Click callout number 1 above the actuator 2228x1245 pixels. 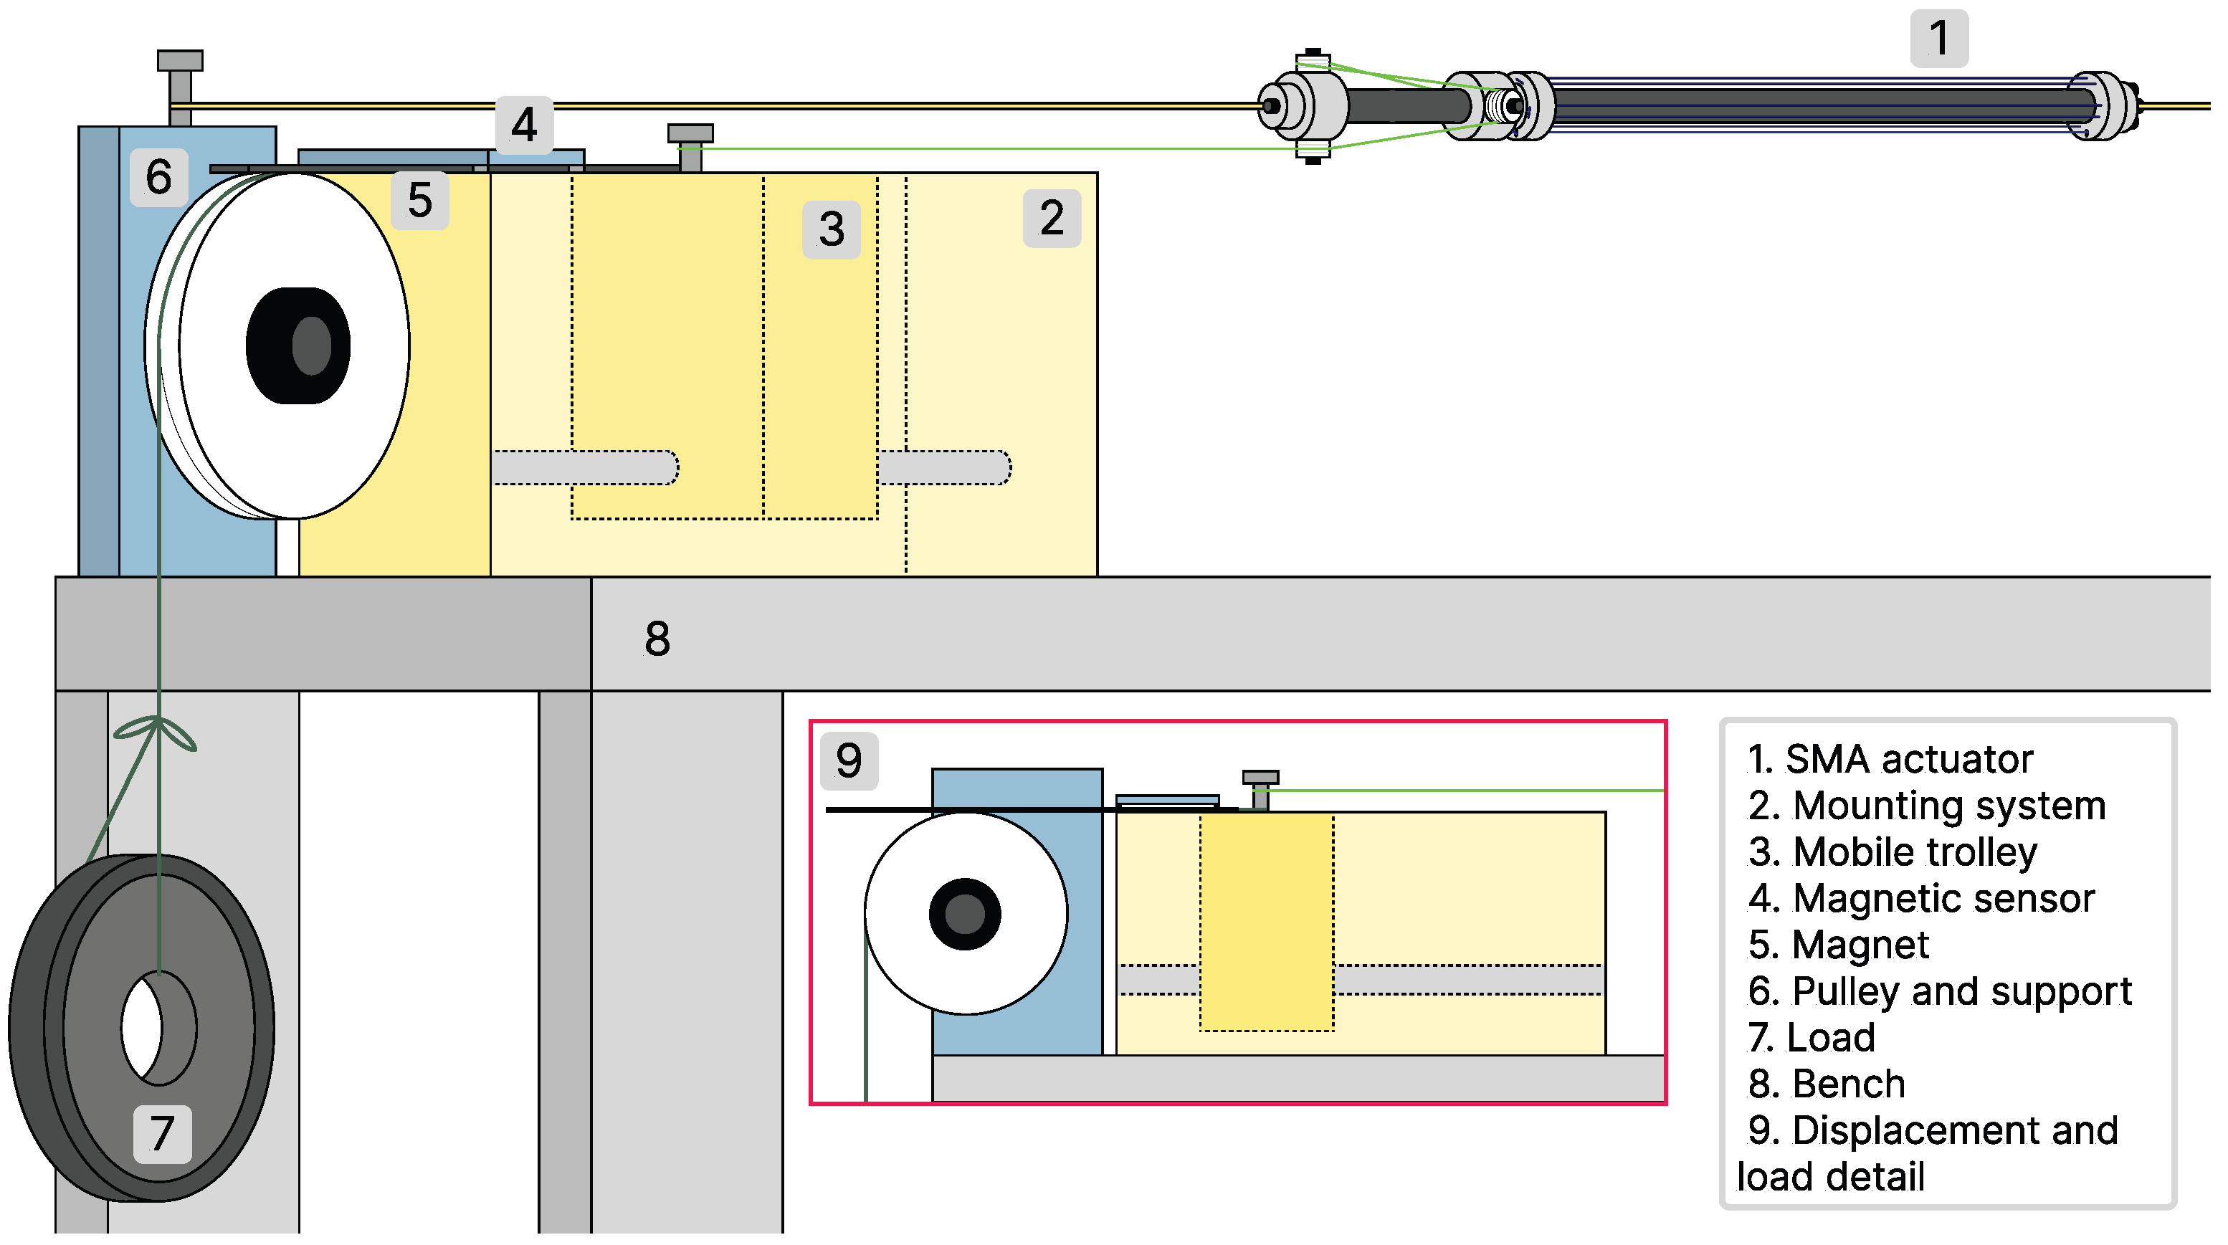pos(1938,39)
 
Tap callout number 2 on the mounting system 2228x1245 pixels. pos(1051,218)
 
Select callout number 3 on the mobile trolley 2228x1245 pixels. pos(830,229)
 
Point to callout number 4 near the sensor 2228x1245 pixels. pos(523,125)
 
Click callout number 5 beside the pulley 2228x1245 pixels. pos(419,201)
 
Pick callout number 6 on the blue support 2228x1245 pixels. pos(158,177)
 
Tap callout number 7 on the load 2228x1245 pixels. pos(162,1132)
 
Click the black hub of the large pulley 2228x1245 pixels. pos(298,345)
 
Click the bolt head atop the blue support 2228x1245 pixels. pos(180,60)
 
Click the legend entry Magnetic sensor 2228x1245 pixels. pos(1943,898)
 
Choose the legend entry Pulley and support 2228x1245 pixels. pos(1961,991)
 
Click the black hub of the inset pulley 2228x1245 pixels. pos(964,914)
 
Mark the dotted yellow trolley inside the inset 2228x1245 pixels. pos(1266,922)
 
